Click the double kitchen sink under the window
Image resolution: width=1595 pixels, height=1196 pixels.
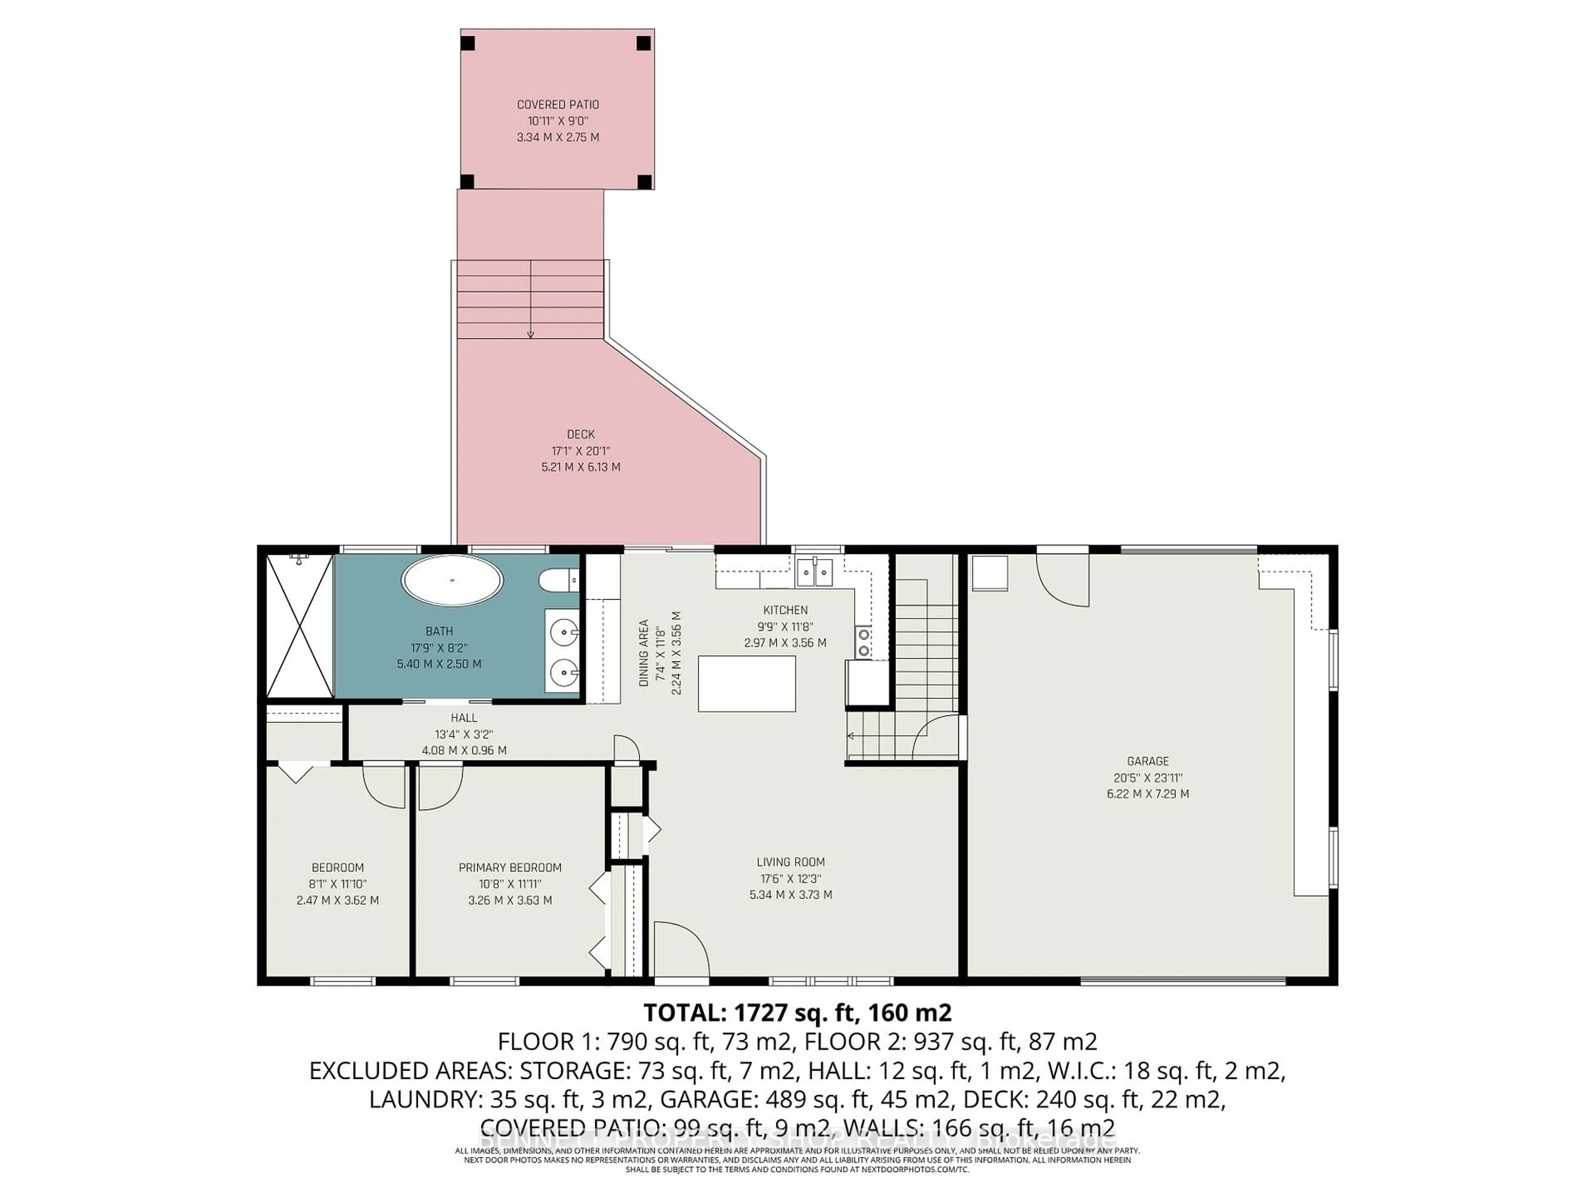click(x=814, y=572)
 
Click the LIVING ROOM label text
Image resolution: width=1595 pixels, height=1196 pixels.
click(x=790, y=862)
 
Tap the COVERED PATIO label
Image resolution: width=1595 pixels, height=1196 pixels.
click(x=557, y=105)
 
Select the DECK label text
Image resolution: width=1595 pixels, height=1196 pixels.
click(x=580, y=434)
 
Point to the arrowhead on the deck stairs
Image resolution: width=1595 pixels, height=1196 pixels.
click(x=531, y=334)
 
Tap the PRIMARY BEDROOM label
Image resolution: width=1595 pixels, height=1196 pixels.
click(x=510, y=867)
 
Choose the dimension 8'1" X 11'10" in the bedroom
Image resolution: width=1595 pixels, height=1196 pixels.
click(x=337, y=884)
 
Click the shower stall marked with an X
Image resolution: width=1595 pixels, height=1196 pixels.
click(x=299, y=626)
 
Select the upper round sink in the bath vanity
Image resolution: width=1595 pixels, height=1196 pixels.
click(x=563, y=633)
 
